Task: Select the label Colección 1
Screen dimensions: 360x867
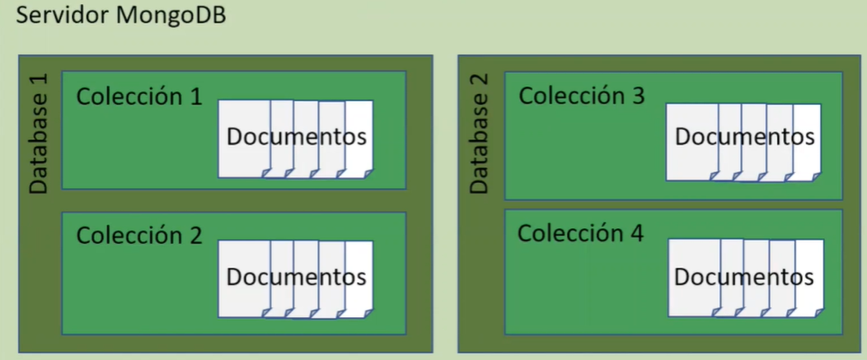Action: pyautogui.click(x=138, y=96)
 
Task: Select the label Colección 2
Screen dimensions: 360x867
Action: pyautogui.click(x=138, y=236)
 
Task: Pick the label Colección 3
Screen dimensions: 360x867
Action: pyautogui.click(x=581, y=96)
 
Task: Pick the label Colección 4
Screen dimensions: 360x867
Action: pyautogui.click(x=580, y=233)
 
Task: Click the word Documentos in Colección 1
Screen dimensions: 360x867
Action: pyautogui.click(x=296, y=137)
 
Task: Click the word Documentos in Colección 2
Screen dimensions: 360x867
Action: pyautogui.click(x=296, y=277)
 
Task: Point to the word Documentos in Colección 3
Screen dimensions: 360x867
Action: pyautogui.click(x=744, y=137)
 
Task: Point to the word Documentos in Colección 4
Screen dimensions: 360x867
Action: pyautogui.click(x=744, y=277)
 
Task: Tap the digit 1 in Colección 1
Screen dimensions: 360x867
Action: pyautogui.click(x=194, y=96)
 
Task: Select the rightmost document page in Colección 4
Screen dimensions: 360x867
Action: pyautogui.click(x=812, y=301)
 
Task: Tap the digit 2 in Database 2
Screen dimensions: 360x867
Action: pyautogui.click(x=479, y=82)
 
